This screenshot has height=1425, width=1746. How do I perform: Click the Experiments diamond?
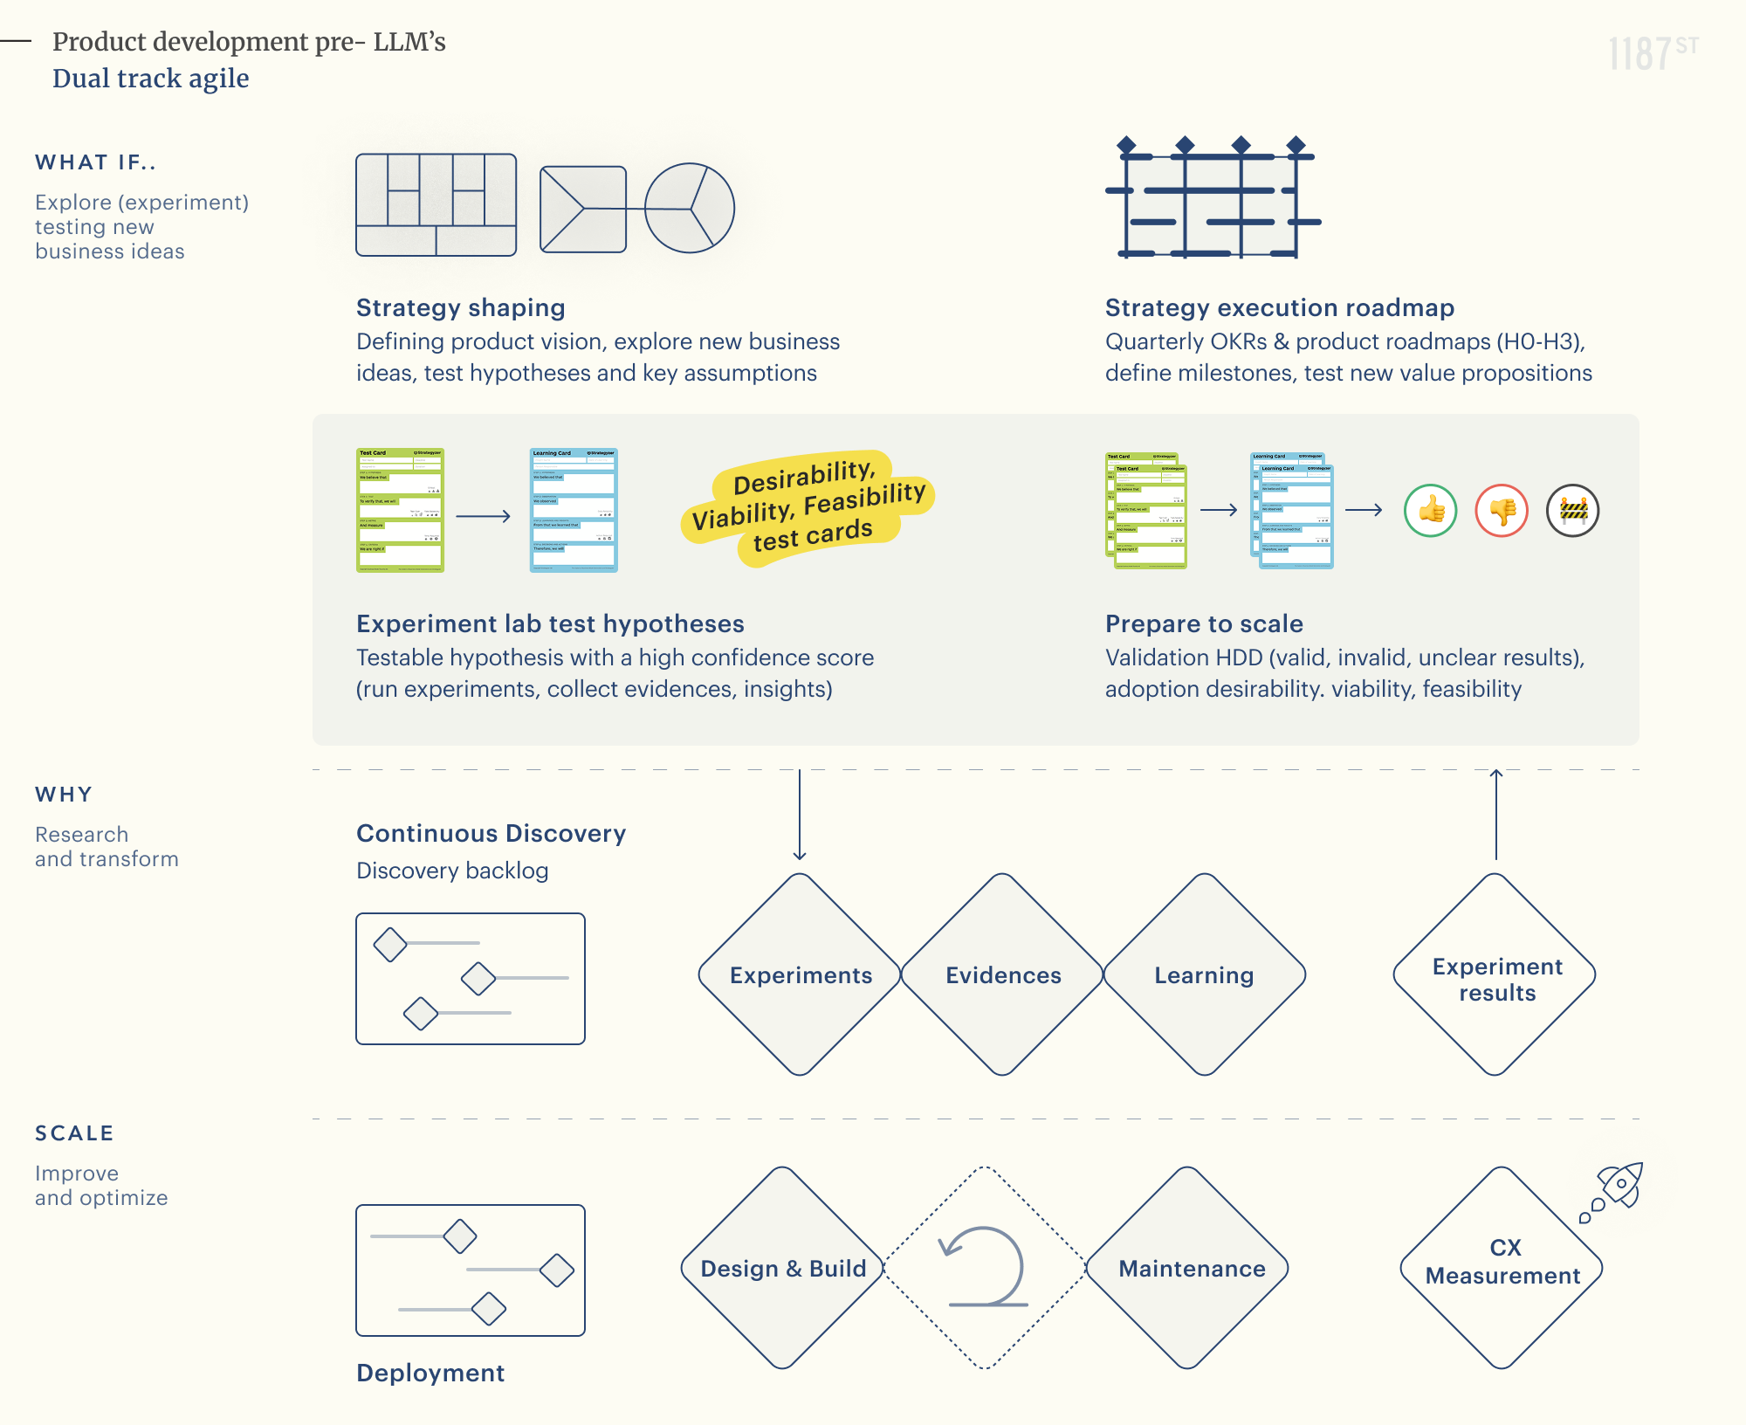[x=800, y=974]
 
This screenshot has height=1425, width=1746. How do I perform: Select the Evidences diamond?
[x=1003, y=974]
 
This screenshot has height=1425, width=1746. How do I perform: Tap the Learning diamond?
[x=1204, y=974]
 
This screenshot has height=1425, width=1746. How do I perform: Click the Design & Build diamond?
[x=783, y=1268]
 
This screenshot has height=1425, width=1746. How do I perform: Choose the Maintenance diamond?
[x=1190, y=1268]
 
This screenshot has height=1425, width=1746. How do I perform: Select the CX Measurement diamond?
[x=1502, y=1268]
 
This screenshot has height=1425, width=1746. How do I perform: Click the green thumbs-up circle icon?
[x=1430, y=510]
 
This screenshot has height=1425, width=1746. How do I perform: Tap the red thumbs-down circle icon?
[x=1502, y=510]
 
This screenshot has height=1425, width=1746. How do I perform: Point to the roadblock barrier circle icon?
[x=1572, y=510]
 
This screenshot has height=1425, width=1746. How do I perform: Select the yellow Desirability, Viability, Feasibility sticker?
[x=808, y=506]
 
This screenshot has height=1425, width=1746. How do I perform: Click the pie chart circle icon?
[x=690, y=208]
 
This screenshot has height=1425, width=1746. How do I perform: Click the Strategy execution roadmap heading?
[x=1279, y=307]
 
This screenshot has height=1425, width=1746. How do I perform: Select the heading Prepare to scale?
[x=1204, y=623]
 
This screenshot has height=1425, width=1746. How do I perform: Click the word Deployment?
[x=430, y=1373]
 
